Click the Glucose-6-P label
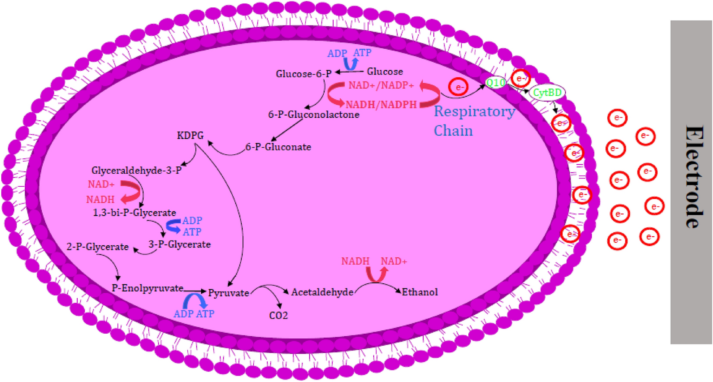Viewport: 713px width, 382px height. point(303,74)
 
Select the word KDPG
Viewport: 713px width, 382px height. point(190,136)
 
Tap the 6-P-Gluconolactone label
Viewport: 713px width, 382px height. point(313,115)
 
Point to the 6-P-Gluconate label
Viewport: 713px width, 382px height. point(278,147)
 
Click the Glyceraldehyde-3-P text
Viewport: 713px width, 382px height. point(136,171)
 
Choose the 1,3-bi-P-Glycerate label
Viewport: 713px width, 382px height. point(134,213)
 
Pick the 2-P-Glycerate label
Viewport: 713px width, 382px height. point(98,247)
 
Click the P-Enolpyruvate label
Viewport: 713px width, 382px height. point(147,288)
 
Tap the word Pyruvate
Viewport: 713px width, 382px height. point(228,293)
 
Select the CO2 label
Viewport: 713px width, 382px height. point(278,316)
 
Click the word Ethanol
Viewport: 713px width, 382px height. point(420,292)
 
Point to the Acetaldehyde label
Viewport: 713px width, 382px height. point(322,292)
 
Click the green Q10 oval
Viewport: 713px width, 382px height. point(495,82)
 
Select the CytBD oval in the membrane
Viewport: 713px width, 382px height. point(547,93)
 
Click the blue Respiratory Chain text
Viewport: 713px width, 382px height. point(473,121)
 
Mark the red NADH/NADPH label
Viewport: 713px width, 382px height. point(381,104)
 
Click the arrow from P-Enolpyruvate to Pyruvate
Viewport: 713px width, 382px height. point(195,291)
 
